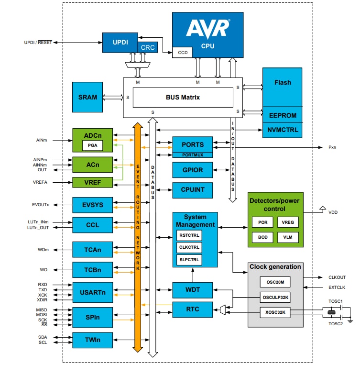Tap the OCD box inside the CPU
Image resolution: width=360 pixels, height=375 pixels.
click(x=182, y=52)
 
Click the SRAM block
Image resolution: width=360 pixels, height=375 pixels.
click(x=87, y=97)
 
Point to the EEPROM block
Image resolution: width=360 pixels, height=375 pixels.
click(x=282, y=115)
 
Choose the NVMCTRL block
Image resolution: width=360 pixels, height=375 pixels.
click(x=282, y=130)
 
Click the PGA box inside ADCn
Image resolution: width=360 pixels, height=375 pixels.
click(x=92, y=145)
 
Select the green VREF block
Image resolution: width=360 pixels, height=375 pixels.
click(x=92, y=182)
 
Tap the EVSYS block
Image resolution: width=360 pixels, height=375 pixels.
click(x=92, y=205)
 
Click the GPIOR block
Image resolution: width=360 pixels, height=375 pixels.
click(x=193, y=170)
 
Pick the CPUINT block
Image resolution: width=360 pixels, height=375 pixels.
click(x=193, y=190)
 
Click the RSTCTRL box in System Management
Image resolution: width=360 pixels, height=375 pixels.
click(x=189, y=235)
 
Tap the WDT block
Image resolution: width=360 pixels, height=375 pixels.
click(x=193, y=290)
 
